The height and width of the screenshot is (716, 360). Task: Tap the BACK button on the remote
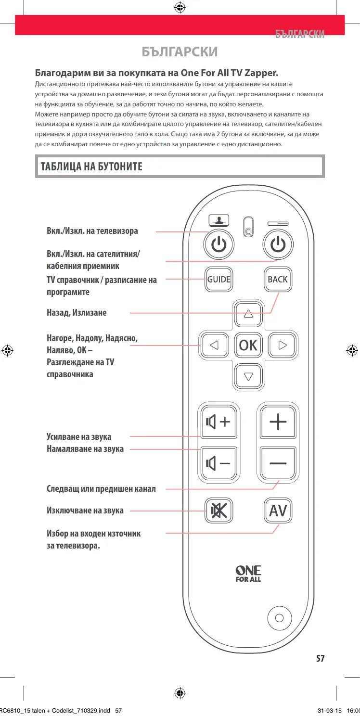click(278, 280)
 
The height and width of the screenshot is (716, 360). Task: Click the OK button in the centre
click(248, 345)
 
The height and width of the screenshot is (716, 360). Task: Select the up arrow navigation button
click(248, 314)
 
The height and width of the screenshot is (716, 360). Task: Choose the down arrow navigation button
click(248, 376)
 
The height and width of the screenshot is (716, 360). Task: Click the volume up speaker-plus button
click(218, 422)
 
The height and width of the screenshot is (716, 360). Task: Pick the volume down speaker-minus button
click(218, 463)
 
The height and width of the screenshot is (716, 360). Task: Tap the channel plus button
click(278, 422)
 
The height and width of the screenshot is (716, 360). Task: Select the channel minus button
click(278, 463)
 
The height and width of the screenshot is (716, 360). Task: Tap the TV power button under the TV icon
click(219, 245)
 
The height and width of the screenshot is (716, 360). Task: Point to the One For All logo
click(248, 574)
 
